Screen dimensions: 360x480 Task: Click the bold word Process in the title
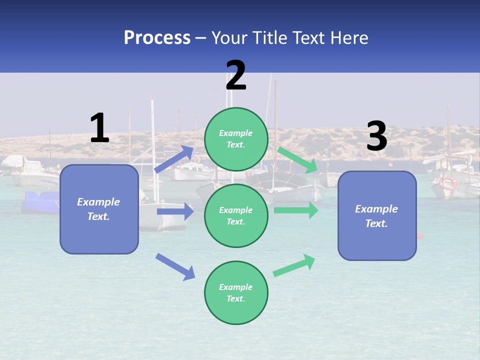(x=157, y=38)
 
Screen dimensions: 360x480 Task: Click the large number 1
(x=99, y=128)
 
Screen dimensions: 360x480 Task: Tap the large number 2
(x=236, y=76)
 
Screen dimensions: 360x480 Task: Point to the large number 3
(x=377, y=136)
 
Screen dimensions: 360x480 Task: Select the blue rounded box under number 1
(x=99, y=209)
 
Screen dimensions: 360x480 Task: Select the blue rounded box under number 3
(x=377, y=215)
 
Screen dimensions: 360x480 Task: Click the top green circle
(x=236, y=139)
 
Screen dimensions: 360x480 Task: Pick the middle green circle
(x=236, y=215)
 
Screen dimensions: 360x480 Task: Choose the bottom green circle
(x=236, y=292)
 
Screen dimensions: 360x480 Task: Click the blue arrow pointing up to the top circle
(x=174, y=159)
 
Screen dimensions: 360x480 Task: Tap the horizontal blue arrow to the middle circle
(x=175, y=211)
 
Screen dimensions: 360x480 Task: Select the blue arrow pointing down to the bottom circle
(x=175, y=266)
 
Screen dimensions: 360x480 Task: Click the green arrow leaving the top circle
(x=297, y=159)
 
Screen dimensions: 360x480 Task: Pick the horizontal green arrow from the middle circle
(x=296, y=210)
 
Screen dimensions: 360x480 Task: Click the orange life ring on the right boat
(x=448, y=183)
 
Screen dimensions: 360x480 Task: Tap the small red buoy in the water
(x=420, y=235)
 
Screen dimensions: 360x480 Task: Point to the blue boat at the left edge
(x=40, y=202)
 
